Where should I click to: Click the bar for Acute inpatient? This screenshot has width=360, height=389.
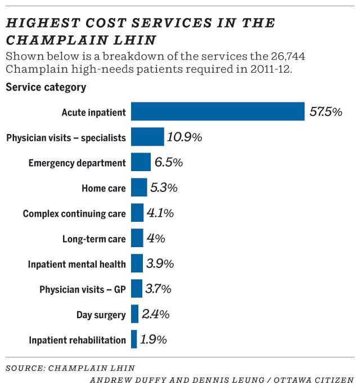pos(218,111)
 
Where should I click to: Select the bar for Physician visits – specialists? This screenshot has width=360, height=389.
pos(147,137)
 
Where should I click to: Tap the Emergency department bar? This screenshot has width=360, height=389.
pos(141,162)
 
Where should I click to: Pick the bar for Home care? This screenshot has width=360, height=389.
pos(139,187)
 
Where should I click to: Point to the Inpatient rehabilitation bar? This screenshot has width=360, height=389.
pos(134,339)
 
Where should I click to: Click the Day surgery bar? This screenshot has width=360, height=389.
pos(134,314)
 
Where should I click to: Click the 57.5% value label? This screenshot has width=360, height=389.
pos(326,111)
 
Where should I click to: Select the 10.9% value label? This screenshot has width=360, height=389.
pos(184,137)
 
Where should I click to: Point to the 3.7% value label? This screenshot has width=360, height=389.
pos(157,289)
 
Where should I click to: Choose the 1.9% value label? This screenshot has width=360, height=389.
pos(154,339)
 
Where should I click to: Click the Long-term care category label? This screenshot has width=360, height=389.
pos(94,239)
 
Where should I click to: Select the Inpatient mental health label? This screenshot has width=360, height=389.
pos(77,264)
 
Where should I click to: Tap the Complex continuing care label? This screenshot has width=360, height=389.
pos(74,214)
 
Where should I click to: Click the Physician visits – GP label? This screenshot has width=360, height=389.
pos(83,290)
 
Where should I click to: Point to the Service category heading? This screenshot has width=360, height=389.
pos(46,87)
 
